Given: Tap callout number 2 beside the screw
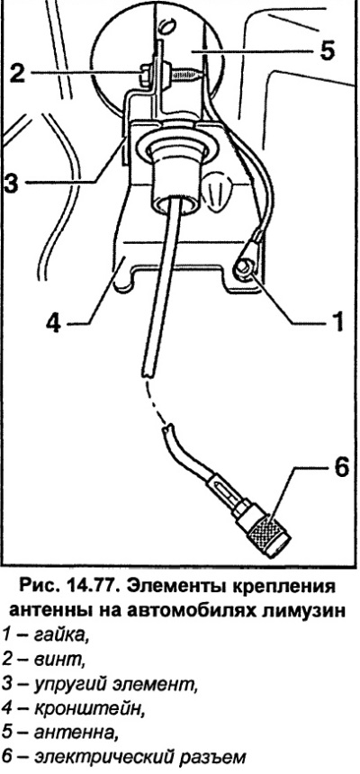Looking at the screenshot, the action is tap(17, 74).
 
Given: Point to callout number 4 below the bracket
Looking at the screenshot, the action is tap(53, 324).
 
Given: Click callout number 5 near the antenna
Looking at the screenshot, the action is tap(327, 49).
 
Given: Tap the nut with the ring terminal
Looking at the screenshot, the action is tap(245, 269).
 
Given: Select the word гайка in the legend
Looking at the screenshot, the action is tap(60, 634).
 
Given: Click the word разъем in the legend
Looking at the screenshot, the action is tap(211, 758).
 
